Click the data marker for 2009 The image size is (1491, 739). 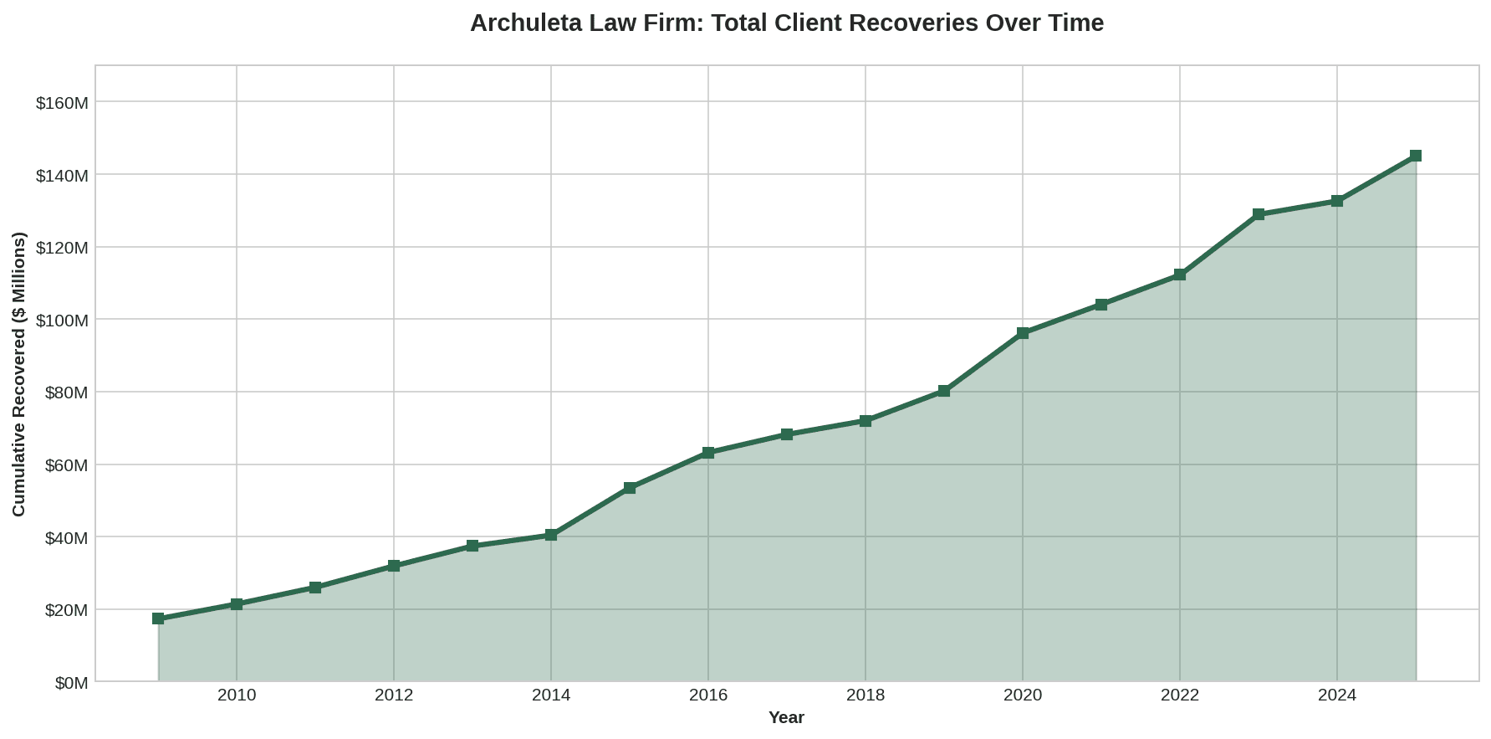tap(158, 618)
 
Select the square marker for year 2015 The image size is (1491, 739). tap(630, 488)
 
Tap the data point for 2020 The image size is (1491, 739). tap(1023, 333)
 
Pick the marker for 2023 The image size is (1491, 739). tap(1259, 214)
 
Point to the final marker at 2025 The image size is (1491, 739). tap(1416, 156)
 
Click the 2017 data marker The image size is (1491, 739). tap(787, 434)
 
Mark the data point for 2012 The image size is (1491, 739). tap(394, 566)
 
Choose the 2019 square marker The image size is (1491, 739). tap(944, 391)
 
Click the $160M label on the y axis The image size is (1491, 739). tap(62, 103)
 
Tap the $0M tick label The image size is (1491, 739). tap(71, 683)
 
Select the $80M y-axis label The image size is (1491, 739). tap(66, 393)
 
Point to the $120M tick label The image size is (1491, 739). tap(62, 248)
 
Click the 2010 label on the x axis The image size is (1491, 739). tap(237, 695)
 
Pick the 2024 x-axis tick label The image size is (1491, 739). tap(1337, 695)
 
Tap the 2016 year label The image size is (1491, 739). tap(708, 695)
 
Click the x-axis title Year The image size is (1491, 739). tap(786, 718)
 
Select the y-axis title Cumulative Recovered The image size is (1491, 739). tap(19, 374)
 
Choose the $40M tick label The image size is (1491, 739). tap(66, 537)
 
